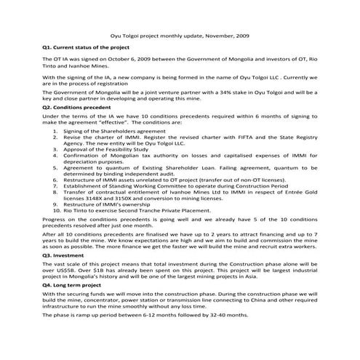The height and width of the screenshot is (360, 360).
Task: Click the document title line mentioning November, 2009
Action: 179,34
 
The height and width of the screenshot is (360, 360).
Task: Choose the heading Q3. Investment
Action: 63,256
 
